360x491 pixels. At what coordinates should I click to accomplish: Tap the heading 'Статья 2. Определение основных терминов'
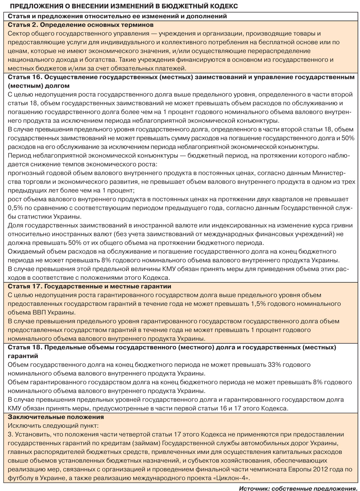(x=81, y=25)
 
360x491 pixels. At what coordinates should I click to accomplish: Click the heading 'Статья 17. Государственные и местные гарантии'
(x=89, y=286)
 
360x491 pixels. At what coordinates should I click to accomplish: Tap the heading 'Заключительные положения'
(x=56, y=417)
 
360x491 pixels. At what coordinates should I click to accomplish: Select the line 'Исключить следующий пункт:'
(x=53, y=426)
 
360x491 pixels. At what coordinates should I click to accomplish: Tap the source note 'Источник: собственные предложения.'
(x=297, y=488)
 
